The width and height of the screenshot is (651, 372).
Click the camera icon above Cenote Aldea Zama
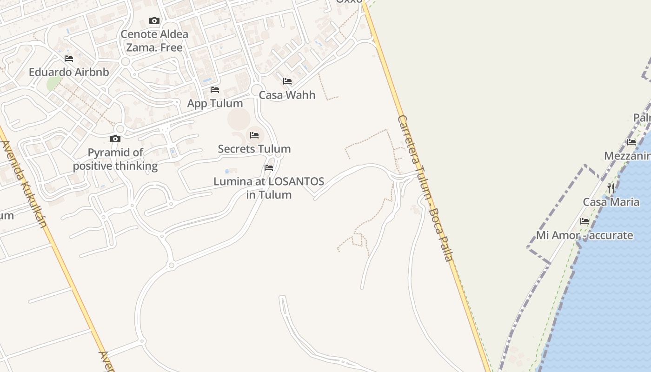pos(154,20)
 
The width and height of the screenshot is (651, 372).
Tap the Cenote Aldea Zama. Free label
pos(154,40)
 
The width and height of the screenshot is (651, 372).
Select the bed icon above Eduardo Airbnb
pos(69,59)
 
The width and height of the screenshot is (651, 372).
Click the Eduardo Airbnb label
pos(69,72)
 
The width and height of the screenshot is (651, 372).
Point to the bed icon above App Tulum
pos(215,89)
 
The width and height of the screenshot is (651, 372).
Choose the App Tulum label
pos(215,103)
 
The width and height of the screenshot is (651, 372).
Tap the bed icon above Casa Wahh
pos(287,81)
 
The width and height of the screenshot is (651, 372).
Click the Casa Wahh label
pos(287,95)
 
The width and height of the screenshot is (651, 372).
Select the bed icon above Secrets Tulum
pos(254,135)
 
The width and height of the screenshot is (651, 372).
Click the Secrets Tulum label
pos(254,149)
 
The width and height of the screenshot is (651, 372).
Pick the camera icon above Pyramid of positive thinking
pos(115,139)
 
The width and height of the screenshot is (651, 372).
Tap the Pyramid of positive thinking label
pos(115,159)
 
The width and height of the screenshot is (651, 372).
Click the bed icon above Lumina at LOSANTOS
pos(269,168)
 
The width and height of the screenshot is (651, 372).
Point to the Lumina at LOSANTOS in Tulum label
pos(269,188)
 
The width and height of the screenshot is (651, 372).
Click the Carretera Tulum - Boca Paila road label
pos(425,188)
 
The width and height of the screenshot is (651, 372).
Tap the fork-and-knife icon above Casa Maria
pos(611,188)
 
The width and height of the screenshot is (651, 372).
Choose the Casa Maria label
pos(611,202)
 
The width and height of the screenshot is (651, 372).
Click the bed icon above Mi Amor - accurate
pos(585,221)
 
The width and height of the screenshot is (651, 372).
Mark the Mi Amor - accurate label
pos(585,235)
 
